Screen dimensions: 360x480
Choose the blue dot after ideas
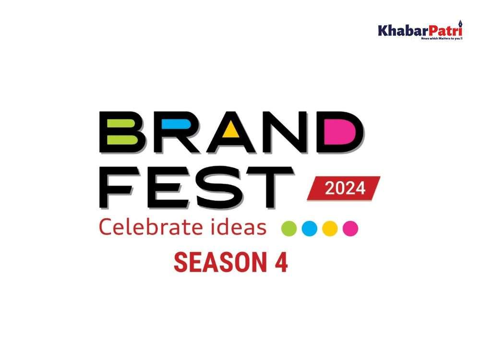click(x=310, y=228)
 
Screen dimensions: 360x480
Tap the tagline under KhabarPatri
click(x=442, y=38)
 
